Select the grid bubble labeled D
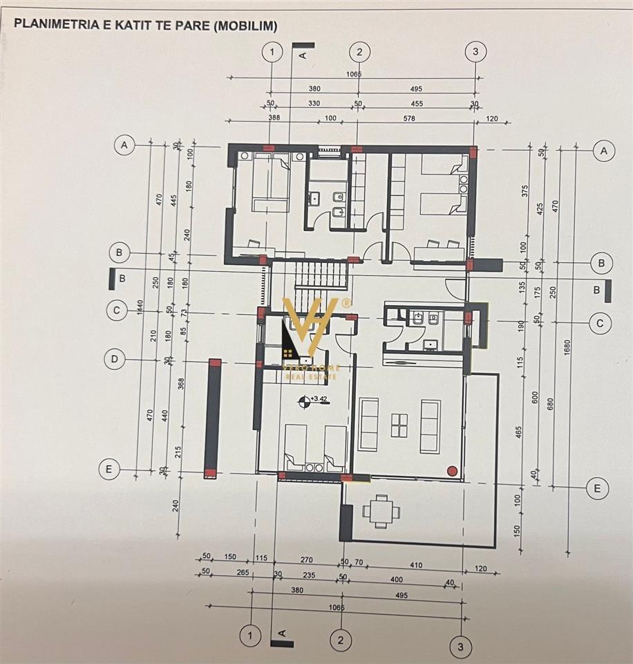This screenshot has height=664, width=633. (115, 359)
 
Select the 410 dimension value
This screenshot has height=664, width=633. (415, 565)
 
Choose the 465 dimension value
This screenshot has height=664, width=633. (519, 434)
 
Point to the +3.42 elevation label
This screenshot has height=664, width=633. (319, 399)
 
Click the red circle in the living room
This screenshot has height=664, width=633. (452, 471)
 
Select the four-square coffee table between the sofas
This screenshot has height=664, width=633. (400, 425)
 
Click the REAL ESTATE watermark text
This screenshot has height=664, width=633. (311, 378)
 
